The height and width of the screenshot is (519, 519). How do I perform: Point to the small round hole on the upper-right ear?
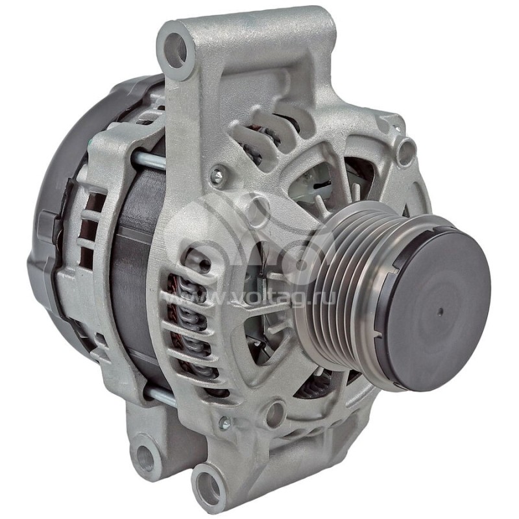click(x=406, y=152)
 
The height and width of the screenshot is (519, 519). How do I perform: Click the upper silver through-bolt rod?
click(x=148, y=158)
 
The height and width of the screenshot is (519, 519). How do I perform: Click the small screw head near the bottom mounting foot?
click(x=225, y=422)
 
